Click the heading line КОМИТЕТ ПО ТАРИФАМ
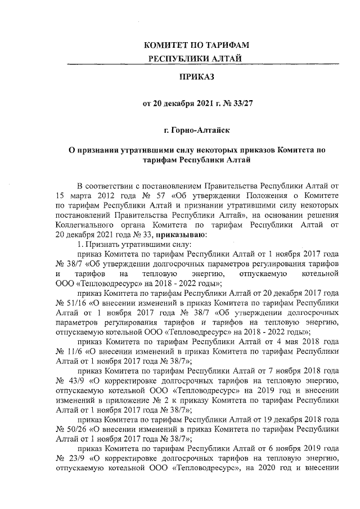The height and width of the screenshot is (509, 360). [x=197, y=44]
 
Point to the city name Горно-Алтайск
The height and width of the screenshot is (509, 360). [x=197, y=130]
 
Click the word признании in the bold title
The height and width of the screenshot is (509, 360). [x=100, y=150]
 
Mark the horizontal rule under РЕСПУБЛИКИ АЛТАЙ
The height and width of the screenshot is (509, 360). [x=197, y=64]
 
